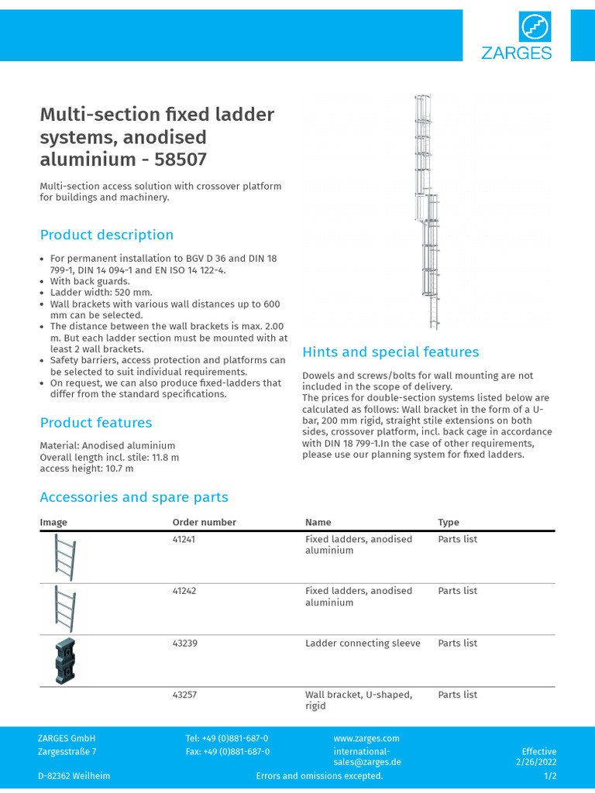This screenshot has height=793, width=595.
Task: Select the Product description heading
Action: pyautogui.click(x=107, y=235)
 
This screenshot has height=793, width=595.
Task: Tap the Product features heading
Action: pyautogui.click(x=96, y=423)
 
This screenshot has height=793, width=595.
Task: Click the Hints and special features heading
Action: pyautogui.click(x=390, y=352)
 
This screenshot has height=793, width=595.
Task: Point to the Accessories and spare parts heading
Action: pyautogui.click(x=134, y=497)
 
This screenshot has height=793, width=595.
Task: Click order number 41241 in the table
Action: pyautogui.click(x=184, y=539)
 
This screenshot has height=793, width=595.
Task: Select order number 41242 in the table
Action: pyautogui.click(x=184, y=591)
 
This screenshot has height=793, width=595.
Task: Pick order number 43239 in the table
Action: pyautogui.click(x=184, y=643)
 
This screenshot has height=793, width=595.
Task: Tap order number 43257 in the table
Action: pyautogui.click(x=184, y=695)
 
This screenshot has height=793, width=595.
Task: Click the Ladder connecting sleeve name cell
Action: pyautogui.click(x=363, y=643)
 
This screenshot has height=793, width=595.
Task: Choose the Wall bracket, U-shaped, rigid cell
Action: pyautogui.click(x=358, y=700)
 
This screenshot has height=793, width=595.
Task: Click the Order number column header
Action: pyautogui.click(x=204, y=523)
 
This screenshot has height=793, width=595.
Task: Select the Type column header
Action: pyautogui.click(x=449, y=523)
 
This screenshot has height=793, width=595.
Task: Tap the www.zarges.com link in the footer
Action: pyautogui.click(x=366, y=739)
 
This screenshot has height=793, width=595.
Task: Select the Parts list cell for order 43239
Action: pyautogui.click(x=457, y=643)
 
